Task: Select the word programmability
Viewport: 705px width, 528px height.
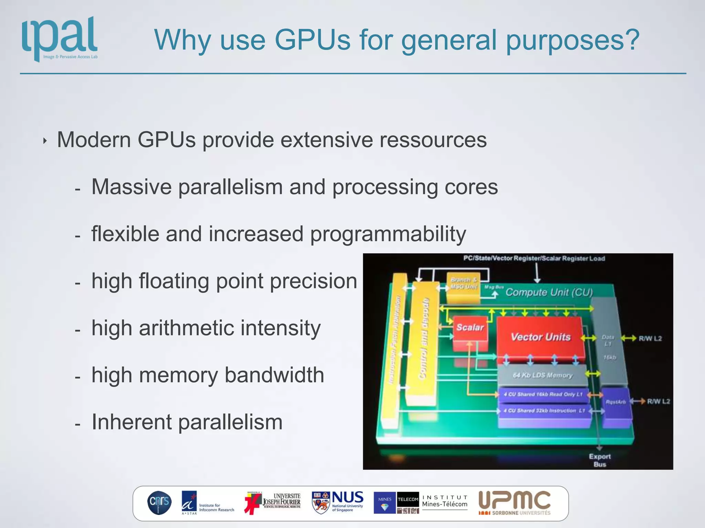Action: (x=388, y=234)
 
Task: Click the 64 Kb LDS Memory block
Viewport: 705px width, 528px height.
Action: (x=543, y=375)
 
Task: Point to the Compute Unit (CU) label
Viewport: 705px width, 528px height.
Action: (x=549, y=293)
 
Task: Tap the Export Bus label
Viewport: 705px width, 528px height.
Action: (x=599, y=460)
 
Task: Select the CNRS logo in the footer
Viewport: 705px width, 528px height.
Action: (x=159, y=503)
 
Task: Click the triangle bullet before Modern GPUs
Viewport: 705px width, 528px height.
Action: (x=45, y=141)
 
